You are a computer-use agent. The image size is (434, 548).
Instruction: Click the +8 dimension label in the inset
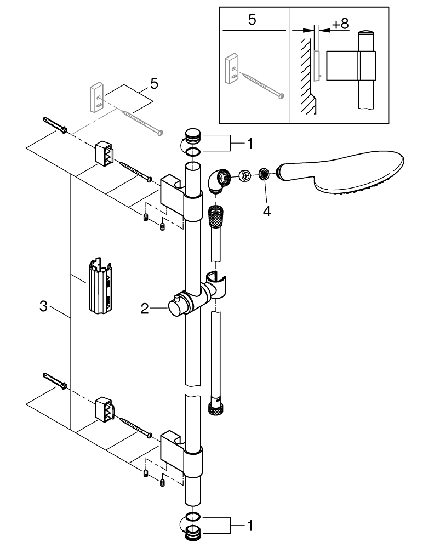coord(340,24)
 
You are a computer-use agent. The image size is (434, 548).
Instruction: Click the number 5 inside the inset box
coord(252,20)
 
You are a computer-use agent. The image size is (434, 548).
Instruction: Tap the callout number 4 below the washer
coord(266,210)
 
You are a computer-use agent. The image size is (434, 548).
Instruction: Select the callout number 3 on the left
coord(43,307)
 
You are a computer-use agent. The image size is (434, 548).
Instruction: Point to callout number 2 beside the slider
coord(145,309)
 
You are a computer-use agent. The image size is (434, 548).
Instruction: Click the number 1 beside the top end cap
coord(250,144)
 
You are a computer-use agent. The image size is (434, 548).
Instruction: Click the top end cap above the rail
coord(193,134)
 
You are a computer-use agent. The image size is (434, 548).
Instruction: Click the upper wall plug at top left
coord(53,125)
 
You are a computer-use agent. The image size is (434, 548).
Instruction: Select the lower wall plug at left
coord(54,381)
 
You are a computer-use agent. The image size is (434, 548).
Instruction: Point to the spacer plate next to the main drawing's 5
coord(97,96)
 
